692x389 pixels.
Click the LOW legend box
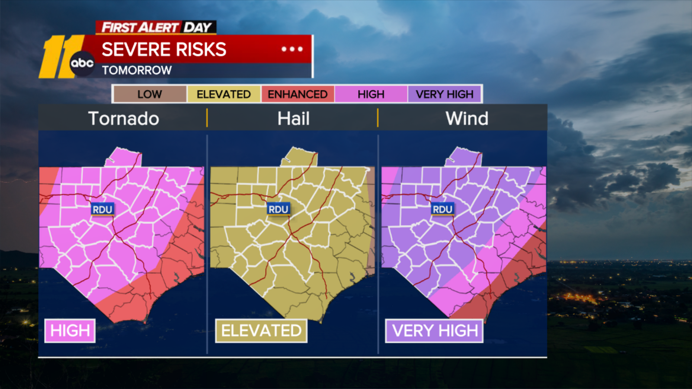coord(150,94)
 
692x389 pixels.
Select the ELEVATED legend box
coord(224,94)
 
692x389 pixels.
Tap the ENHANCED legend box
coord(298,94)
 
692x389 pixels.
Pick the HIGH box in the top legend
coord(371,94)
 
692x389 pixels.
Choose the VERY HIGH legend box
coord(445,94)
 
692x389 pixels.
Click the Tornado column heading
coord(124,118)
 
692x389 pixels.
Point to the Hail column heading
coord(293,118)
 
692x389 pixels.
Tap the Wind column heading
coord(467,118)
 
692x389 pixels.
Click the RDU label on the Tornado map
coord(103,210)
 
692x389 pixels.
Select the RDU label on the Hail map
coord(278,210)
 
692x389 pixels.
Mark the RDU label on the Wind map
coord(442,210)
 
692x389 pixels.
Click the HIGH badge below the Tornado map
coord(70,331)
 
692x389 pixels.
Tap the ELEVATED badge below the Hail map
coord(261,331)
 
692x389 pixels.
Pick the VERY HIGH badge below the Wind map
coord(435,331)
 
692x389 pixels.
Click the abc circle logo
coord(82,63)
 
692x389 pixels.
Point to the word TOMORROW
coord(137,70)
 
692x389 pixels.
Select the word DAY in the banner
coord(198,28)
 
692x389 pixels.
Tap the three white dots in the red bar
coord(292,49)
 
